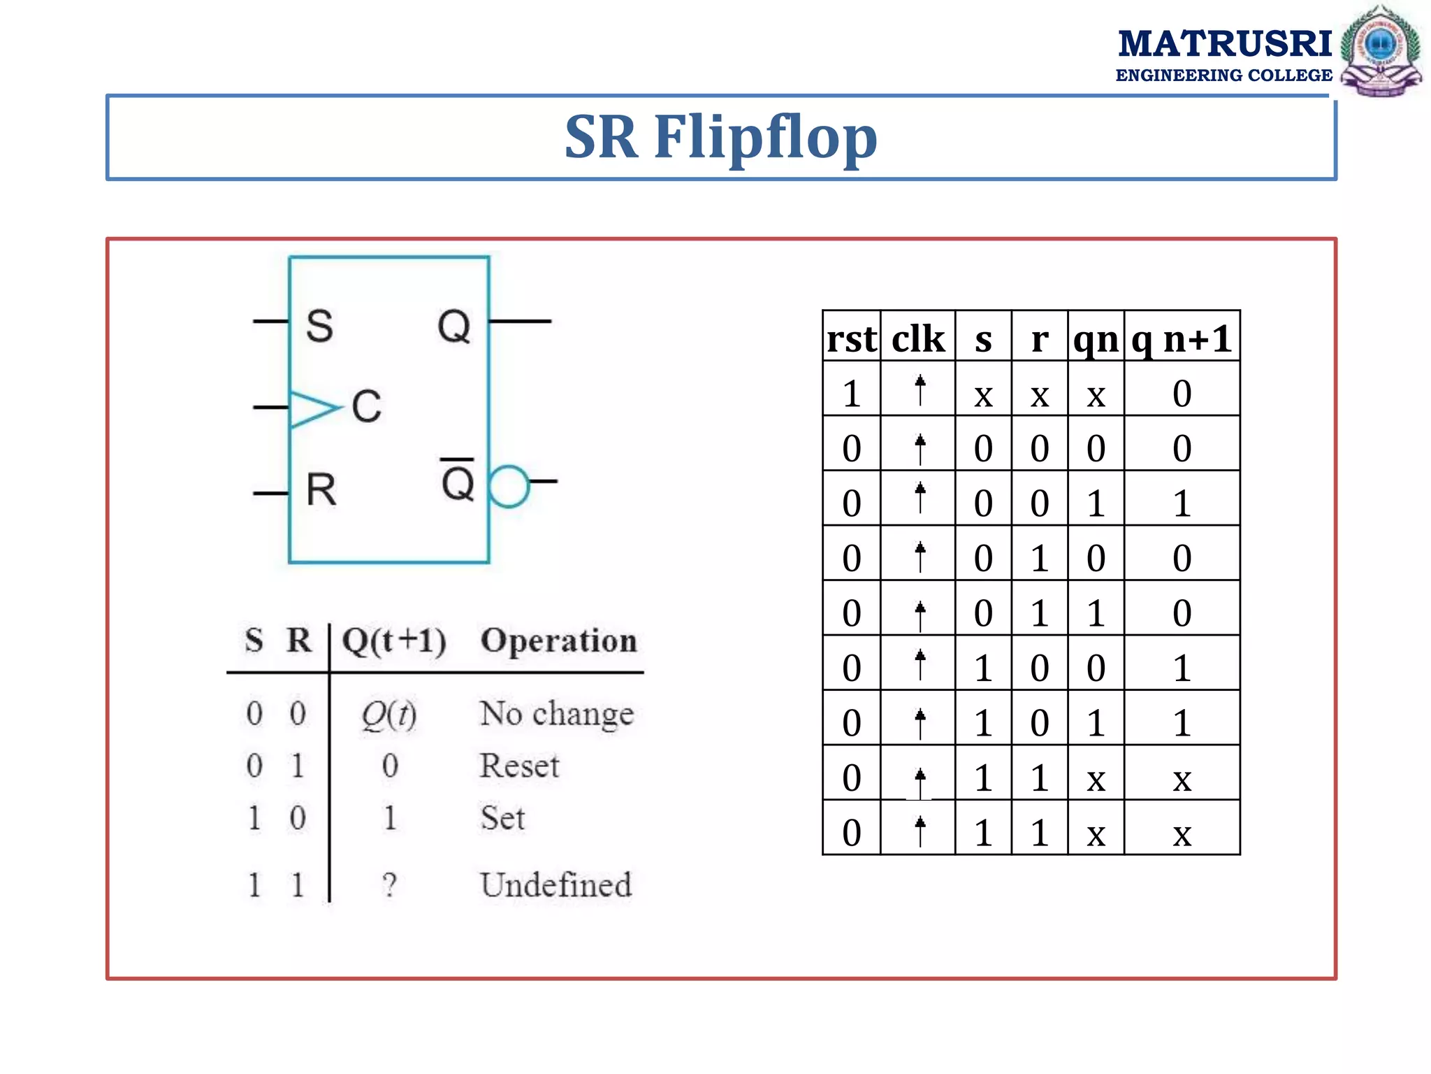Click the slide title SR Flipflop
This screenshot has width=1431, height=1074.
point(720,137)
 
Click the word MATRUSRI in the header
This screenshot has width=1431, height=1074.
point(1224,43)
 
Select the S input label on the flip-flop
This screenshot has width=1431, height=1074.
point(319,326)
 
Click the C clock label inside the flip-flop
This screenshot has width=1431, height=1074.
point(367,406)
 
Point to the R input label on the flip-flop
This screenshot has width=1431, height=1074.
point(321,489)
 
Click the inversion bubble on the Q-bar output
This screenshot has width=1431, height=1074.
point(508,486)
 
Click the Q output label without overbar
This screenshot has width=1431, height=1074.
point(454,326)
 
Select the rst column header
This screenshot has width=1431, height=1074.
point(851,338)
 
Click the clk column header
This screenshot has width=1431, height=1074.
point(918,338)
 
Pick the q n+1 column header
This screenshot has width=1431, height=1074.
point(1182,338)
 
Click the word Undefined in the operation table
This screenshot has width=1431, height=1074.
point(555,885)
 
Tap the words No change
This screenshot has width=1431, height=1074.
point(556,714)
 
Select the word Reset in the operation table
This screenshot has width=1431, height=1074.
point(519,766)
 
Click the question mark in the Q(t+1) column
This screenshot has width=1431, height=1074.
point(389,885)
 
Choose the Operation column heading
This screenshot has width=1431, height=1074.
point(558,640)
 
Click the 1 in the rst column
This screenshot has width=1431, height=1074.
point(851,394)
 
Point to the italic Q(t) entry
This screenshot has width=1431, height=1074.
point(388,715)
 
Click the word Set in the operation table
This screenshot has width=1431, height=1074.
point(502,817)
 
